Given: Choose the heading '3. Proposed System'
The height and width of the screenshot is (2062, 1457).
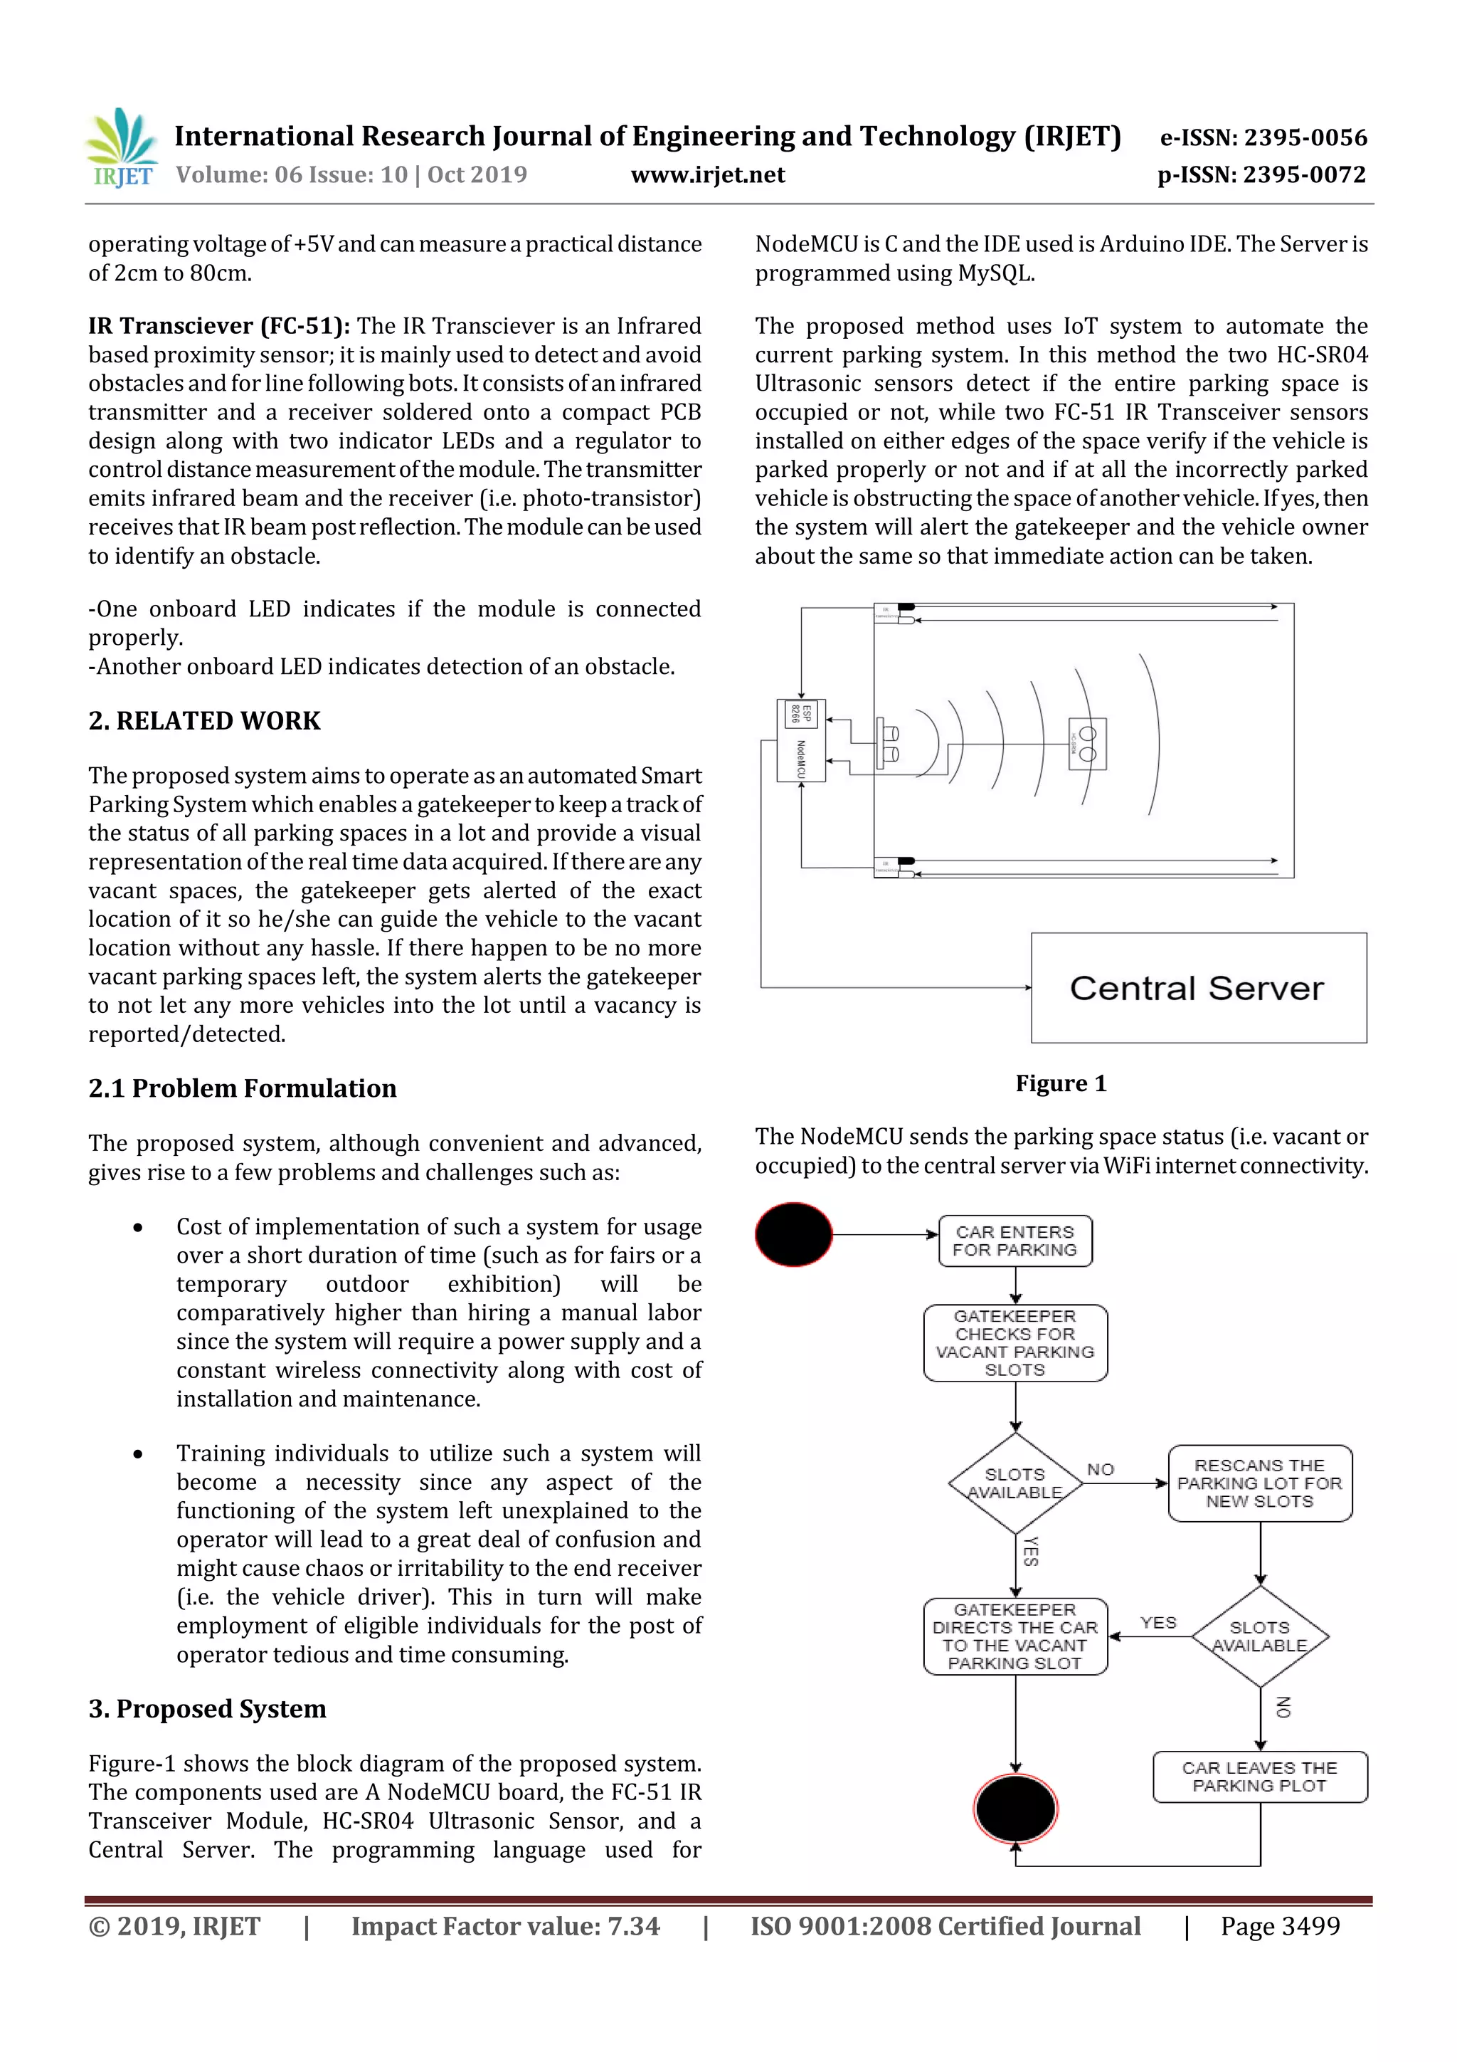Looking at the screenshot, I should point(206,1708).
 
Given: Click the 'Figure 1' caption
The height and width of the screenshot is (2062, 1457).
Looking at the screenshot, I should point(1060,1083).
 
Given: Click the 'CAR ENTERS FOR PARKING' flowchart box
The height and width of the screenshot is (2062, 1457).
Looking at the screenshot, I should point(1014,1241).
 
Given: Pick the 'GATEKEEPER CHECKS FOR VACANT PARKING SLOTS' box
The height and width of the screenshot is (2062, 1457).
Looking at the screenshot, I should point(1014,1342).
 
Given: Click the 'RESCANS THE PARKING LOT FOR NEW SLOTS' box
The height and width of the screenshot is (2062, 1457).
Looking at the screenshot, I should point(1259,1483).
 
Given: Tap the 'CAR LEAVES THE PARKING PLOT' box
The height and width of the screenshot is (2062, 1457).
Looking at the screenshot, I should point(1259,1777).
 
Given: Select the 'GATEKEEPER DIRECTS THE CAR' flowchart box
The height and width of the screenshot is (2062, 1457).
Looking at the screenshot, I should point(1014,1636).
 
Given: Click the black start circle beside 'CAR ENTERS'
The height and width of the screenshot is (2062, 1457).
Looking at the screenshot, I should point(793,1235).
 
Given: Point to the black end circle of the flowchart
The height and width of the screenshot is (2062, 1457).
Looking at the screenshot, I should point(1015,1809).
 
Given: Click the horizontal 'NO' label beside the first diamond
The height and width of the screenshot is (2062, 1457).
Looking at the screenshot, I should point(1100,1469).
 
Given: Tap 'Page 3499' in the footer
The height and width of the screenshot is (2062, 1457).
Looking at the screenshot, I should point(1279,1926).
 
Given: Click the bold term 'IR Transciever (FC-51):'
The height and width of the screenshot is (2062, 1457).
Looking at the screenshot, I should point(219,326).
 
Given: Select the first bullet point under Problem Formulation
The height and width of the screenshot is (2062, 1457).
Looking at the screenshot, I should point(137,1228).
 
